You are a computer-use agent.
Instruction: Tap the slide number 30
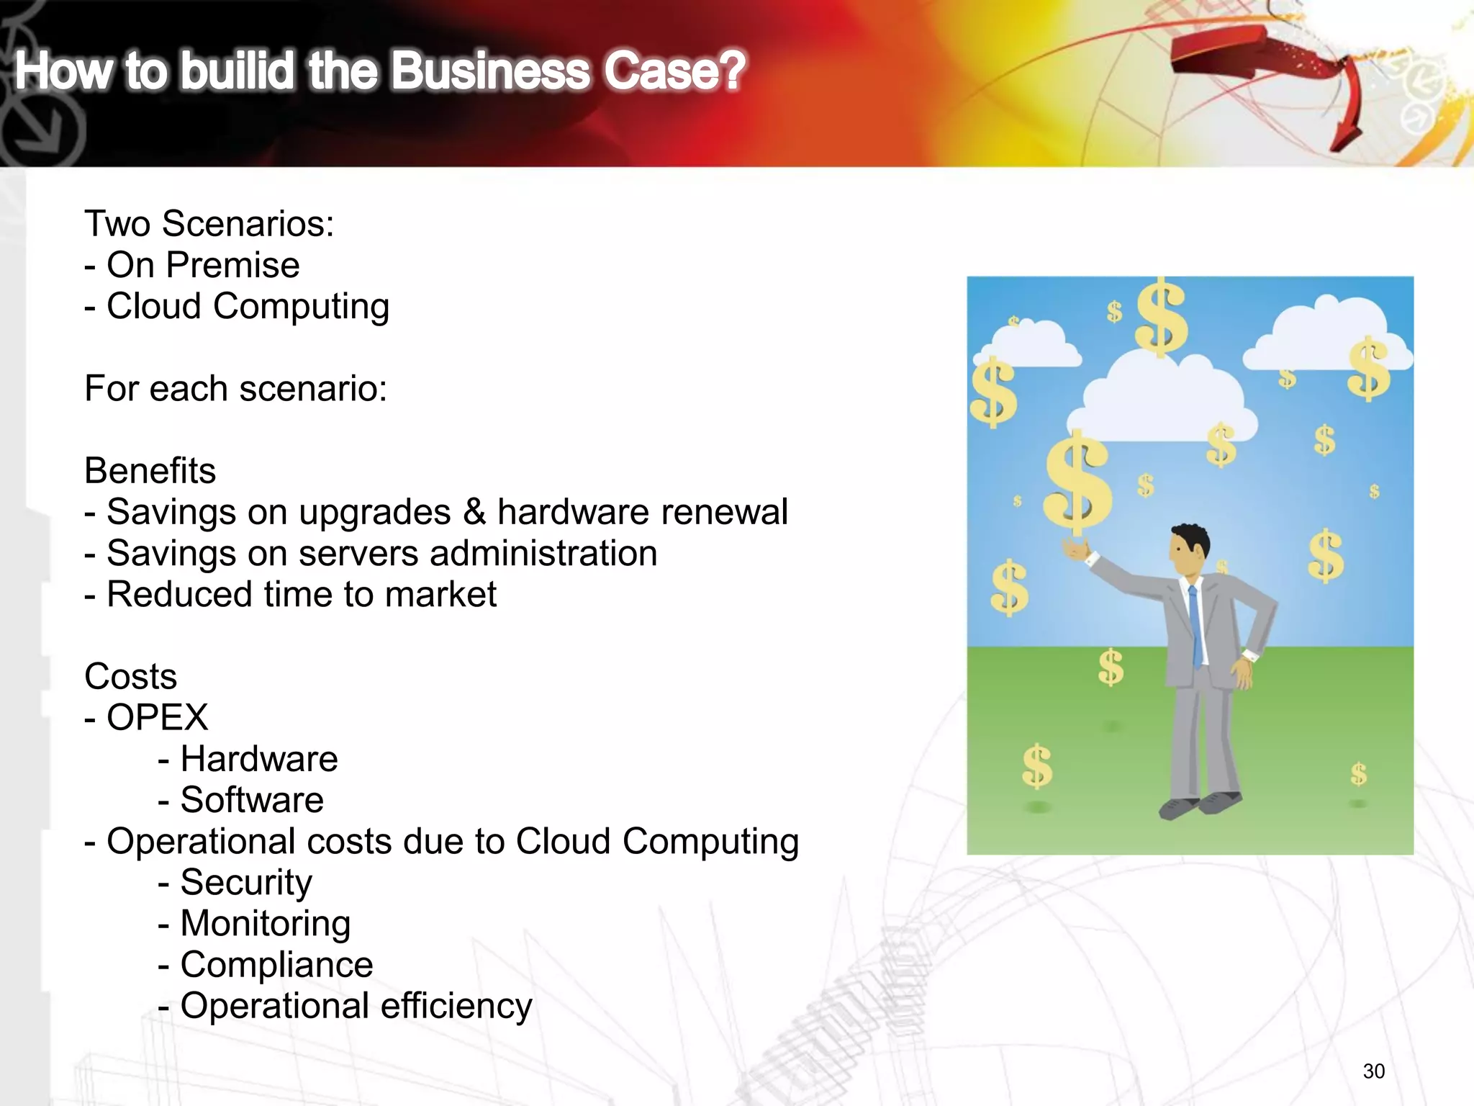point(1373,1071)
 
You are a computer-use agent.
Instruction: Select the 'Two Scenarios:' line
point(209,224)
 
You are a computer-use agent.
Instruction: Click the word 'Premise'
point(232,265)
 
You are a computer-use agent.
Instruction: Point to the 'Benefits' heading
point(150,471)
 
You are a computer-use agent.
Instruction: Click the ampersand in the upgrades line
point(474,512)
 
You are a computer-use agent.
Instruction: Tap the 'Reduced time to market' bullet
point(291,595)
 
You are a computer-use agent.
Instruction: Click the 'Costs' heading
point(130,677)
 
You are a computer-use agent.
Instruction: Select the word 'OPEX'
point(157,718)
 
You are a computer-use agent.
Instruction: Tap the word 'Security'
point(246,883)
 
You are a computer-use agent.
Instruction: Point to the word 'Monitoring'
point(265,924)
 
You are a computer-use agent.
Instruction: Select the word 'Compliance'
point(276,965)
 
